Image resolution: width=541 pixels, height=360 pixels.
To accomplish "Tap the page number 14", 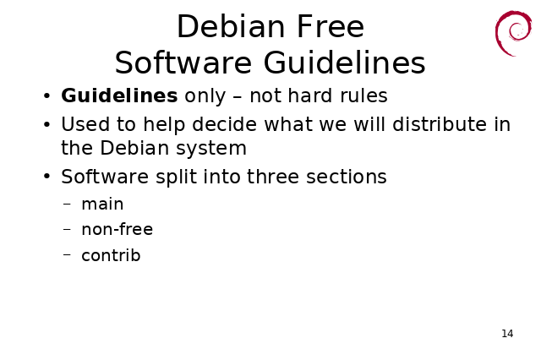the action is tap(507, 334).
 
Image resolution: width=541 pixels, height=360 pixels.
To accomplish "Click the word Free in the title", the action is tap(331, 26).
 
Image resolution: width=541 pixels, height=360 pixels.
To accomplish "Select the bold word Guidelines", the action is tap(119, 95).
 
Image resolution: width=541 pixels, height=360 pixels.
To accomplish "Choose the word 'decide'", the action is tap(224, 123).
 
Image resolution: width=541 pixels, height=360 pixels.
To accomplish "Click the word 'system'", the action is tap(211, 149).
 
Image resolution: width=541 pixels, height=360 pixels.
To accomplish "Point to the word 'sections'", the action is tap(347, 177).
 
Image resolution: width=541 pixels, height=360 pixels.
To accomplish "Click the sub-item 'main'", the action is tap(102, 205).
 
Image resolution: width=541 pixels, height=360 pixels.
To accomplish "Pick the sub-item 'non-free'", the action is tap(117, 229).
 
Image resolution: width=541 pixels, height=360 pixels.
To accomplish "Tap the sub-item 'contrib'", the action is tap(111, 255).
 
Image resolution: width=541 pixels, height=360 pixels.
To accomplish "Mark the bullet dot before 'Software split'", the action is tap(47, 177).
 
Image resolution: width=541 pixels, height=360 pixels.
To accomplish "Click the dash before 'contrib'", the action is tap(67, 255).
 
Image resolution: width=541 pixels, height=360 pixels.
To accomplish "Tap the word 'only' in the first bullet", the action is tap(205, 95).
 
